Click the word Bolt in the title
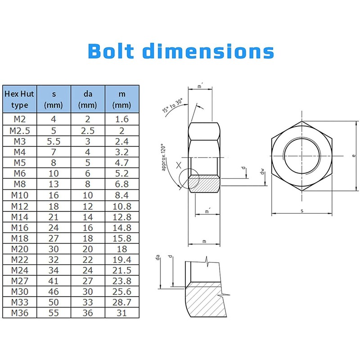111,50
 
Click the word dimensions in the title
208,50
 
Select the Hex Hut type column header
19,99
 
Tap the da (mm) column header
87,99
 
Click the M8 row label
19,184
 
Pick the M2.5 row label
19,131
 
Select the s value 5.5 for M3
54,141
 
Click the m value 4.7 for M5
121,163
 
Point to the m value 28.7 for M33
121,302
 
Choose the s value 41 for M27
54,281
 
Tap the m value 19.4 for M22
121,260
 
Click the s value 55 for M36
54,313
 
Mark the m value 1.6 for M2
121,119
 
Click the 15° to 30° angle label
173,105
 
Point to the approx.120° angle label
163,157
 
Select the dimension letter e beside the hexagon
354,156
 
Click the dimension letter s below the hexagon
302,211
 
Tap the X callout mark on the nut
179,165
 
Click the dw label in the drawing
263,171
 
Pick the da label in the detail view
157,257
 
